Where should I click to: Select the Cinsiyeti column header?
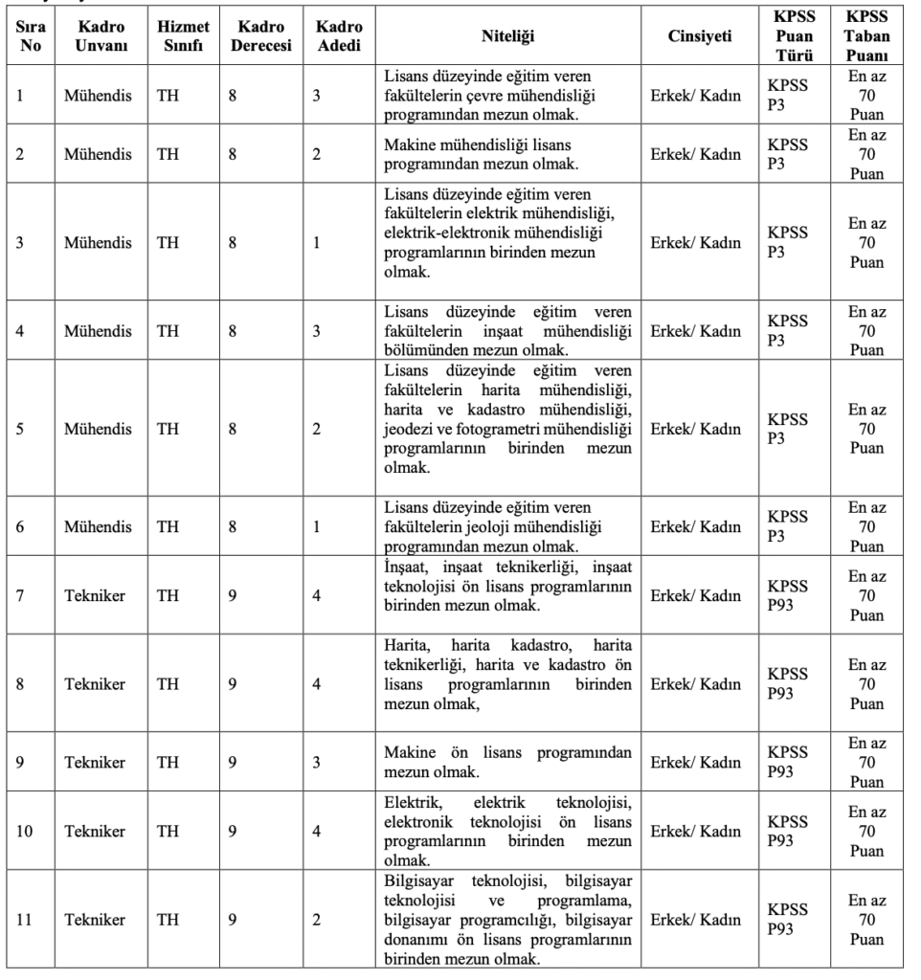pyautogui.click(x=699, y=36)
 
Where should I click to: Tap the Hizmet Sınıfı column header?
pyautogui.click(x=183, y=36)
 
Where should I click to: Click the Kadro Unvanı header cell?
pyautogui.click(x=98, y=36)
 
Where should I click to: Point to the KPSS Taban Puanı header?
pyautogui.click(x=866, y=36)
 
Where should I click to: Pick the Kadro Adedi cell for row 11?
pyautogui.click(x=316, y=920)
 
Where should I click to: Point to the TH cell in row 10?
pyautogui.click(x=168, y=831)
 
